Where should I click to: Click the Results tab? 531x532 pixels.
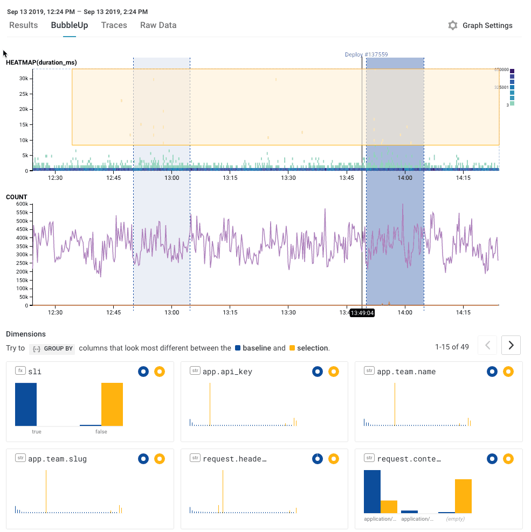23,25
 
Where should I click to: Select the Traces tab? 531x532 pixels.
114,25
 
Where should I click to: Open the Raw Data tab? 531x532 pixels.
158,25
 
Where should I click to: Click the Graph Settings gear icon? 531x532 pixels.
453,25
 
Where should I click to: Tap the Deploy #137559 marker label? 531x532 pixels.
366,54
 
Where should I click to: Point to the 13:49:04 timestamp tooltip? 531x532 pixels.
362,312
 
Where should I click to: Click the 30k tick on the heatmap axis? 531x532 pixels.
23,79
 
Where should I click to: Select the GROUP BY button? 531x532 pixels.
52,348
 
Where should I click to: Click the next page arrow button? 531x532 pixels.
511,345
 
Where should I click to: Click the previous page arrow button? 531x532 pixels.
487,345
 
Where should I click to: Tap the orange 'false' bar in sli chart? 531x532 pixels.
112,404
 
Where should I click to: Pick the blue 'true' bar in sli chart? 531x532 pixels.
26,404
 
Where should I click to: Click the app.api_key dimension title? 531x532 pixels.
227,372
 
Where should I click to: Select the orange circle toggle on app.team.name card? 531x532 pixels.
508,372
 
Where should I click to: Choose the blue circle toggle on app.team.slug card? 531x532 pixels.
143,459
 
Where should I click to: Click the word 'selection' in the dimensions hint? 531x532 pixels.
312,348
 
